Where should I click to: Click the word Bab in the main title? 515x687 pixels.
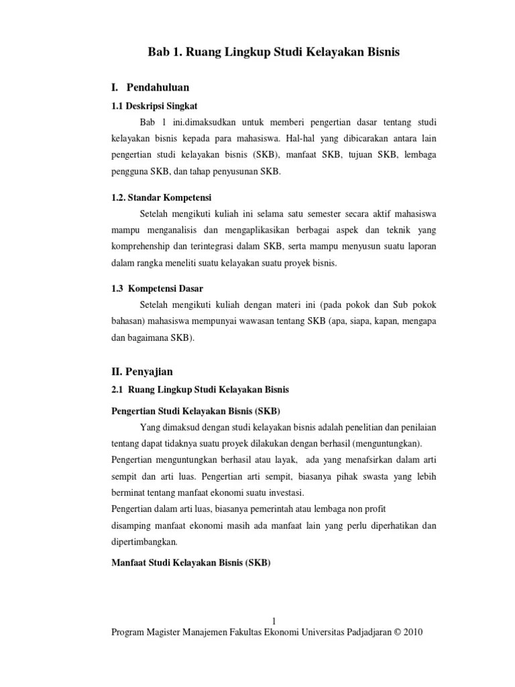click(159, 52)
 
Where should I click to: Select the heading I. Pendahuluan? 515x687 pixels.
click(150, 87)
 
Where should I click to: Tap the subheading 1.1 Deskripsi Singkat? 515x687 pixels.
click(154, 106)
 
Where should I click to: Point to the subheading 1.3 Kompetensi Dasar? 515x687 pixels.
click(156, 288)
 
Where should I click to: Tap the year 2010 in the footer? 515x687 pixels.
click(411, 633)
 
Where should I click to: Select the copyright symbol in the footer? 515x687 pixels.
click(390, 633)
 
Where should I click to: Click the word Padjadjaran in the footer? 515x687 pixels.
click(355, 633)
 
